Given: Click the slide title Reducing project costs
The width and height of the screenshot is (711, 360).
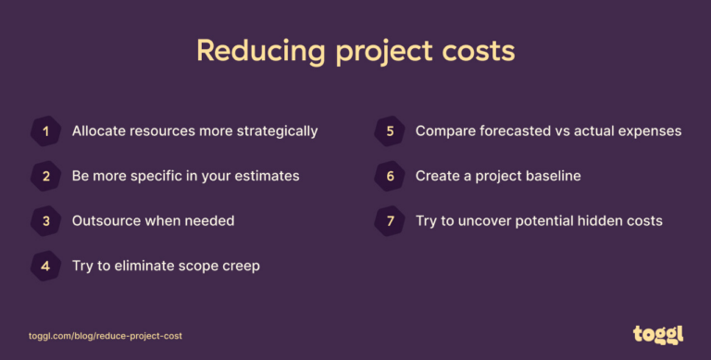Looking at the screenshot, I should click(355, 51).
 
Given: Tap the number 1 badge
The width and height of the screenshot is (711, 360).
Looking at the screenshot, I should click(45, 131).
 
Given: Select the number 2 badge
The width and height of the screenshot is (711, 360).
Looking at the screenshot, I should click(45, 176).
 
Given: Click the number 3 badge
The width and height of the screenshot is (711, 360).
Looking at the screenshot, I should click(45, 221).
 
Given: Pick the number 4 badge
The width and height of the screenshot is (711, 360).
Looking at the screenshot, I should click(45, 266).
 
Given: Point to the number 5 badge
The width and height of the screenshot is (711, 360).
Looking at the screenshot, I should click(389, 131).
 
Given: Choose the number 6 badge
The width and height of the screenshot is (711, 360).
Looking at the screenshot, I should click(389, 176).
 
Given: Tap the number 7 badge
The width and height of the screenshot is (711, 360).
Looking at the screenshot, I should click(389, 221).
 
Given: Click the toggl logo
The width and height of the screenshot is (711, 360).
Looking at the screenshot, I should click(656, 335).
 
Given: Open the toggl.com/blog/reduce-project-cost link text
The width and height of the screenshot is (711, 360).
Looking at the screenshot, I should click(106, 336).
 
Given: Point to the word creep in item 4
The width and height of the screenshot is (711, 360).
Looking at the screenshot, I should click(239, 266).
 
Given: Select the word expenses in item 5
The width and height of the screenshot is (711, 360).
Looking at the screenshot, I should click(649, 131).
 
